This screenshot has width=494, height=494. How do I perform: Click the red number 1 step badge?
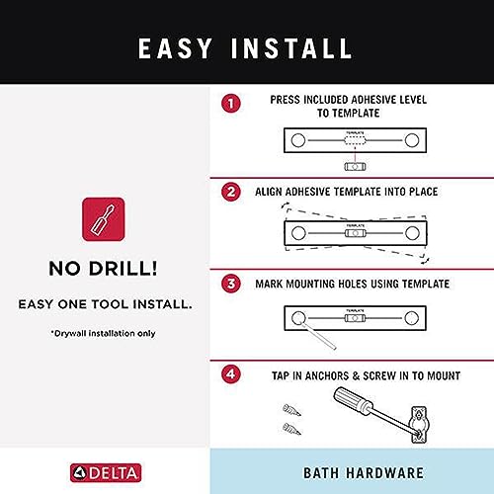pos(231,104)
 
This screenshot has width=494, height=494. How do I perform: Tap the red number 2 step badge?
pos(231,192)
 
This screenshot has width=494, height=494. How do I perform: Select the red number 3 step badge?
pos(231,284)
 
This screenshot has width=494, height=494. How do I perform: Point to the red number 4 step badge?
pos(231,374)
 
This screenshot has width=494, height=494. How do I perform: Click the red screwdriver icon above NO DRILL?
pos(104,219)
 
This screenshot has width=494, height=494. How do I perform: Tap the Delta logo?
pos(106,473)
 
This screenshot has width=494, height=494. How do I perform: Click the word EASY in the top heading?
pos(175,48)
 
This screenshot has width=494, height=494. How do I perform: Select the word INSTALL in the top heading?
pos(291,48)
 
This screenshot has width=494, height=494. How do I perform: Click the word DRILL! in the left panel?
pos(123,269)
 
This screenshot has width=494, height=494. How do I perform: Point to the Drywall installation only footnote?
pos(103,333)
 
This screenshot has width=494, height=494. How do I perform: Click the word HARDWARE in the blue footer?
pos(385,473)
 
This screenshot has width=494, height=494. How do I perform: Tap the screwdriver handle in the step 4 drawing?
pos(353,400)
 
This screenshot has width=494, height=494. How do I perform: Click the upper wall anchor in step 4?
pos(291,410)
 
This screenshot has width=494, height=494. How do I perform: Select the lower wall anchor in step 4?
pos(291,429)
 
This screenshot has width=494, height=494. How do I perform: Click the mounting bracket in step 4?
pos(418,425)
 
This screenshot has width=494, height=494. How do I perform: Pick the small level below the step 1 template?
pos(355,167)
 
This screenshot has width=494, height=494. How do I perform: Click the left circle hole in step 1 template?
pos(298,140)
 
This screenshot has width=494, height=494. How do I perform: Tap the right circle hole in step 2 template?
pos(412,233)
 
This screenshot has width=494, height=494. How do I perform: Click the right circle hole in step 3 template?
pos(412,318)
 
